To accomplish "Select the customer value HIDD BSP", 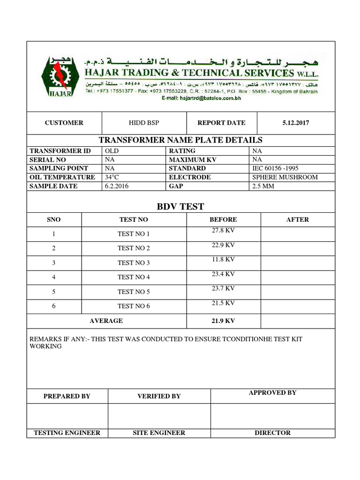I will point(144,123).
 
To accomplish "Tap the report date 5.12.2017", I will point(296,123).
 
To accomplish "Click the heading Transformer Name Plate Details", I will point(180,140).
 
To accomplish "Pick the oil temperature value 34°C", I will point(112,177).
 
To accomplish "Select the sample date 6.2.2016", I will point(117,186).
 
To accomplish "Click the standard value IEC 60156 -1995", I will point(275,168).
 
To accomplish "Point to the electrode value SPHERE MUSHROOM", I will point(285,177).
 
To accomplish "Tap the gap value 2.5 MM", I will point(263,186).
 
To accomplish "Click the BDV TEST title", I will point(180,207).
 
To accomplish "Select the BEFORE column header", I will point(223,219).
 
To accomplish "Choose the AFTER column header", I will point(298,219).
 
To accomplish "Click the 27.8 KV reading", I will point(223,230).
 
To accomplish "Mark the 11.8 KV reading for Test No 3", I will point(223,259).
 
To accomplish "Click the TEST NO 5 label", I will point(134,292).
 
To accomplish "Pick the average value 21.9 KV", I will point(223,321).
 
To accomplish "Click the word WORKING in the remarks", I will point(45,346).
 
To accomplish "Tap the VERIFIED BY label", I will point(159,396).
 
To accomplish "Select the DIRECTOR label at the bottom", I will point(272,433).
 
